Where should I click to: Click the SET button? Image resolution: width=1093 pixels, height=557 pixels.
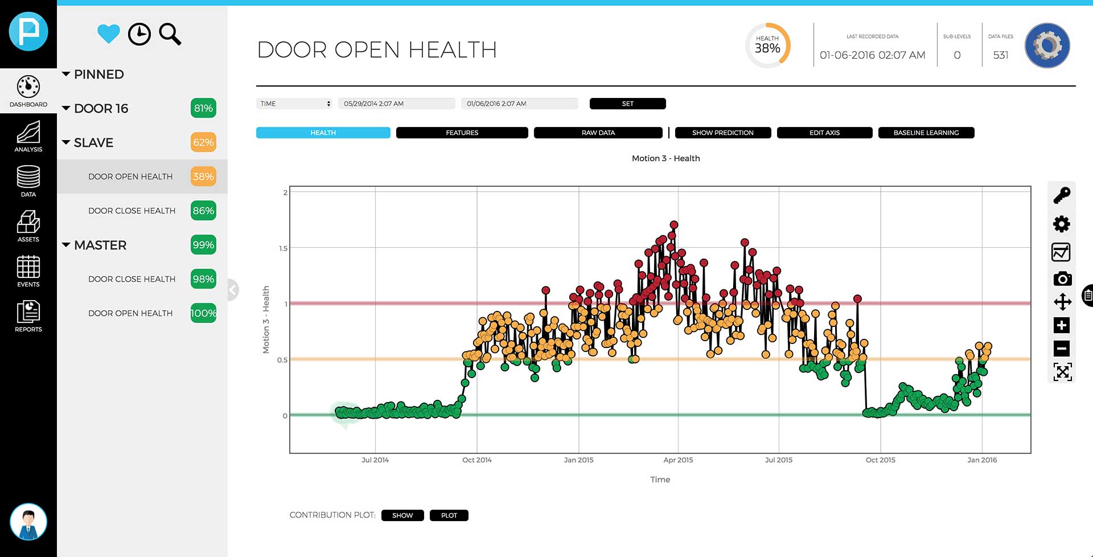click(627, 104)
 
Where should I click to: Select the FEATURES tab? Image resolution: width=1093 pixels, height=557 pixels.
click(462, 133)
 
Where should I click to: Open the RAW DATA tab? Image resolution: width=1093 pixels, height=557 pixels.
click(598, 133)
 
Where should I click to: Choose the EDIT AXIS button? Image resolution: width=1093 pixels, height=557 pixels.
click(824, 133)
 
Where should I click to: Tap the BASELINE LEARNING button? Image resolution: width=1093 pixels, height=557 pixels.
click(926, 133)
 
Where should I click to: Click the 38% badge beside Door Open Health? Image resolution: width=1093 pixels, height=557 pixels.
click(203, 177)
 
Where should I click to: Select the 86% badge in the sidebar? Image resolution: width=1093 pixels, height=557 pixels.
click(203, 211)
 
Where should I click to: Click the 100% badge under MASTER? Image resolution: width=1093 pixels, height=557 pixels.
click(203, 313)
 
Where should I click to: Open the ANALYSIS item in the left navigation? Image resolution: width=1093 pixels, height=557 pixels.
click(28, 137)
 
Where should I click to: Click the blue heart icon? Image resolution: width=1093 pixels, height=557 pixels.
click(108, 34)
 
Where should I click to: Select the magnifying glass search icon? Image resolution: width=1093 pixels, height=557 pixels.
click(170, 34)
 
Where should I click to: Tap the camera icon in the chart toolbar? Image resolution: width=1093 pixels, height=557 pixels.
click(1062, 278)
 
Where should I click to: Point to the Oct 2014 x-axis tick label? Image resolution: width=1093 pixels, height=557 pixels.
click(476, 460)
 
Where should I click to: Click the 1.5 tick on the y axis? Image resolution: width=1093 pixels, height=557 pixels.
click(283, 248)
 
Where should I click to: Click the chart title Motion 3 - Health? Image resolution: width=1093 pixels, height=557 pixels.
click(665, 158)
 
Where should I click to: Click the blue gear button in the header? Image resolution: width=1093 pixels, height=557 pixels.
click(1047, 46)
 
